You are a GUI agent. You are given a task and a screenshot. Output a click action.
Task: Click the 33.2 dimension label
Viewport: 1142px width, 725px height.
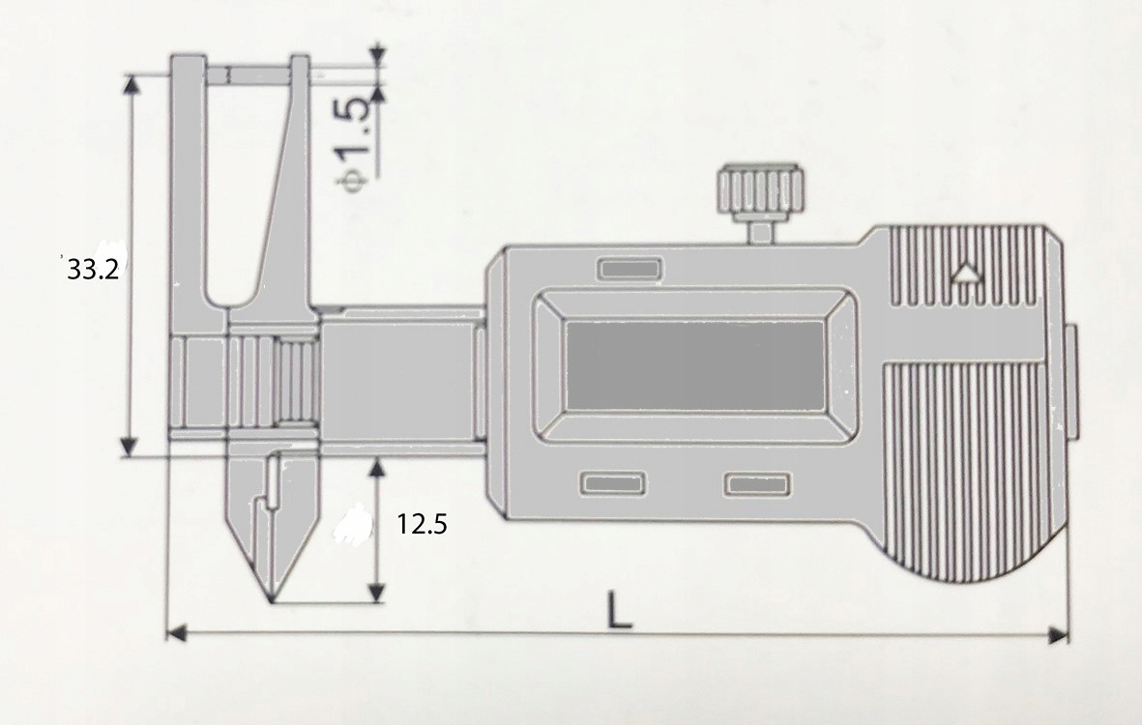pyautogui.click(x=93, y=270)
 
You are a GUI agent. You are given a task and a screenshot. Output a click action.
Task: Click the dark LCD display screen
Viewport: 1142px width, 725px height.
pyautogui.click(x=694, y=364)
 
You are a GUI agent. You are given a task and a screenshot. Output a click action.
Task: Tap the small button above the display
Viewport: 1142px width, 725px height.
pyautogui.click(x=629, y=269)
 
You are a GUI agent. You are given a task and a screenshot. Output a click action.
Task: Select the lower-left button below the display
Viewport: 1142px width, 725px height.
pyautogui.click(x=612, y=483)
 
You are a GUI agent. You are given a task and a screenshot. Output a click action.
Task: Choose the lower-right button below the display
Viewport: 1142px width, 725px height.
pyautogui.click(x=759, y=484)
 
